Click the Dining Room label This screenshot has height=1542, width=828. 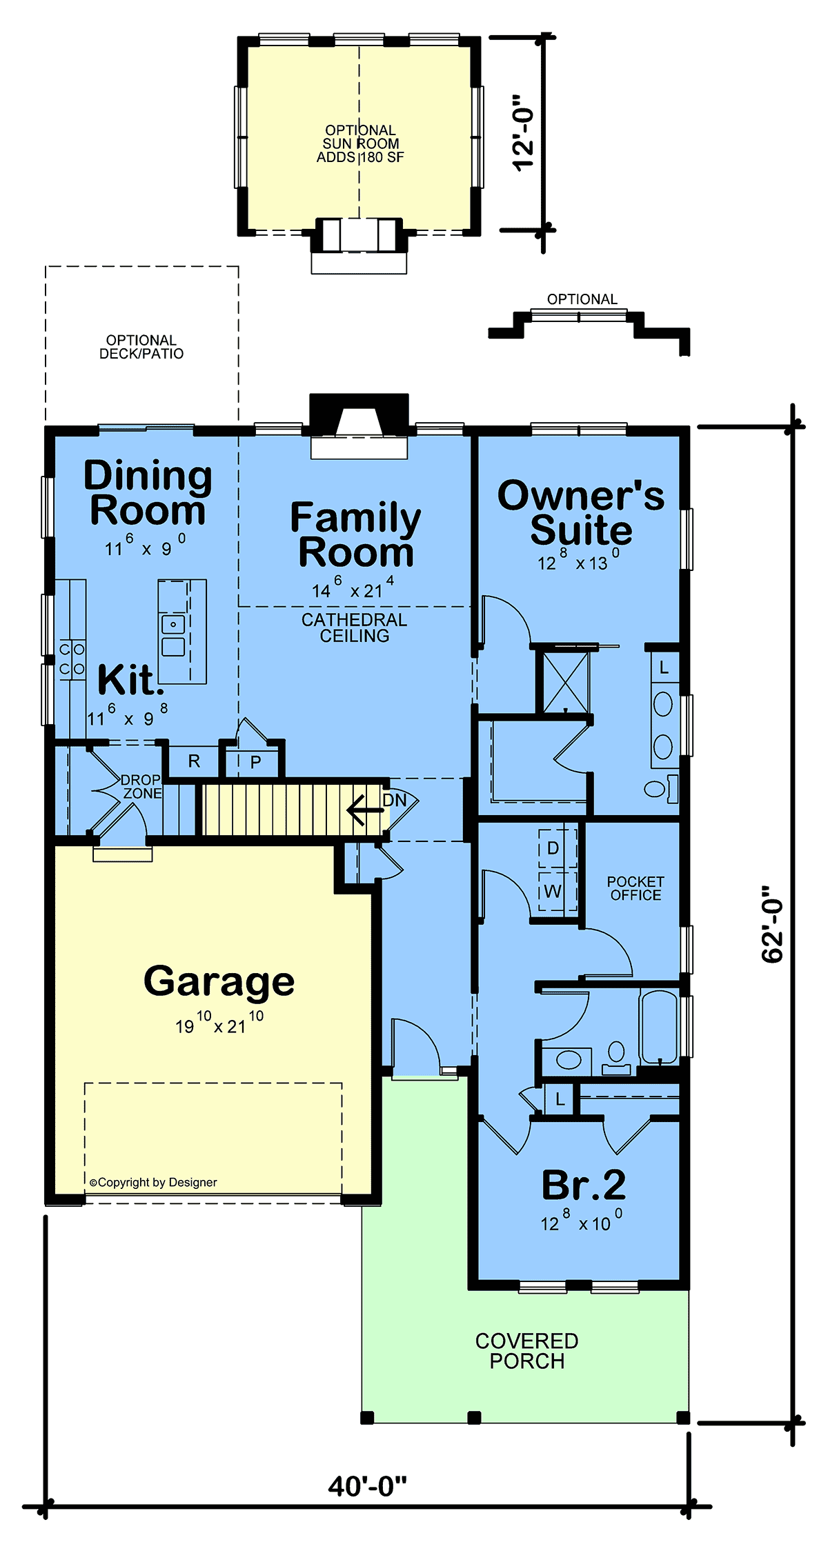point(148,493)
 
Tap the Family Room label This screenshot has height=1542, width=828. point(355,535)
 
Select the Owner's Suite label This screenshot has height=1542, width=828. point(581,513)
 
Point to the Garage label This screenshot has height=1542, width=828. point(219,981)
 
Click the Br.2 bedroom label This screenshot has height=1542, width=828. point(584,1185)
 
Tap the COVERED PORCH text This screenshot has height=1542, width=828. point(527,1351)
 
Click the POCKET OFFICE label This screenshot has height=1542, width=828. point(635,888)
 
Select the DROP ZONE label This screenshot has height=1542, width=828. point(141,786)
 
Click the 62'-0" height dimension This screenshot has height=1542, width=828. point(773,923)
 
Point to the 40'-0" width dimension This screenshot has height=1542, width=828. point(368,1486)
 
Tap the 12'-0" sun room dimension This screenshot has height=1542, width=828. point(524,132)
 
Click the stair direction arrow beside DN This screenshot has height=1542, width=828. point(365,810)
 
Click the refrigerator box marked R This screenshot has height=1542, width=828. point(194,761)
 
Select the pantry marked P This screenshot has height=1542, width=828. point(255,762)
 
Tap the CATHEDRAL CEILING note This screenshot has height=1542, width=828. point(355,628)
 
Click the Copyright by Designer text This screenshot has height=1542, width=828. point(153,1182)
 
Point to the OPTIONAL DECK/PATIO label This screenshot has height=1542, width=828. point(141,347)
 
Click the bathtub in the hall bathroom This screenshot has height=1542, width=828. point(659,1027)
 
